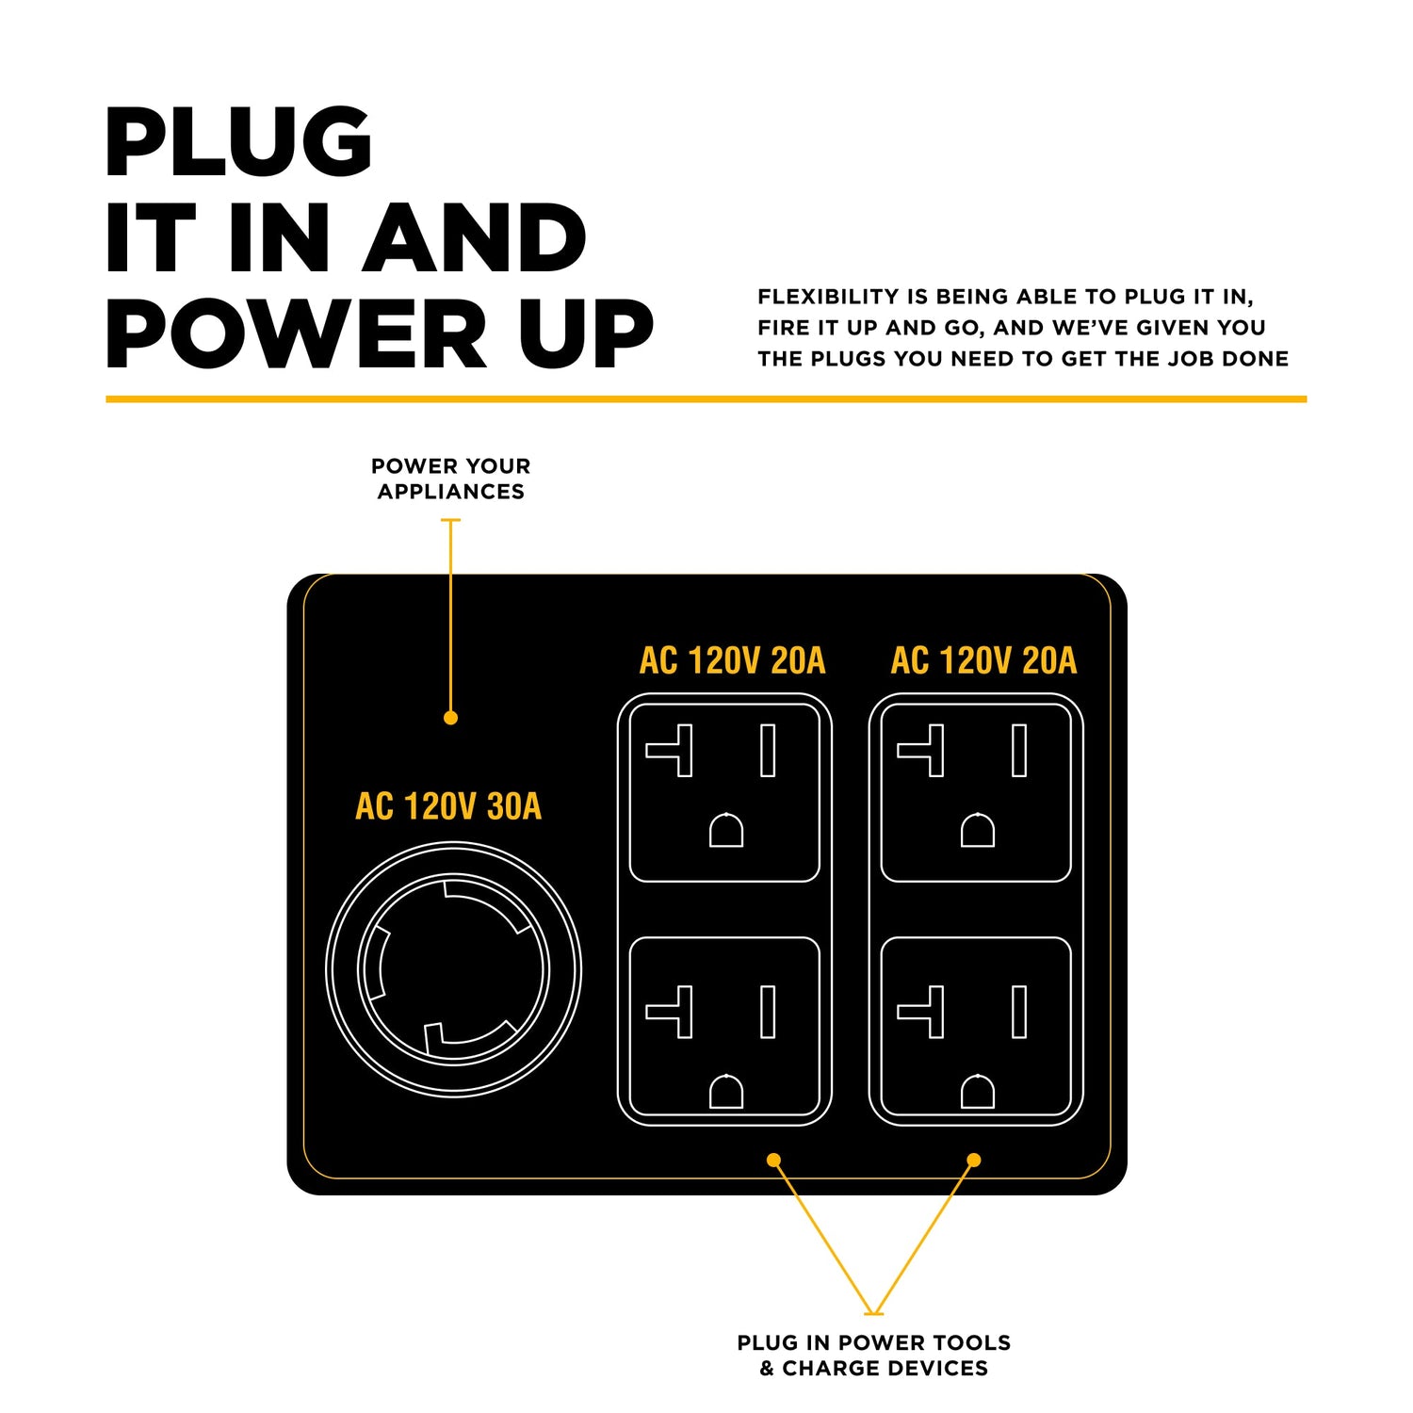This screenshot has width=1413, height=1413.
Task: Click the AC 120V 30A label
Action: click(448, 806)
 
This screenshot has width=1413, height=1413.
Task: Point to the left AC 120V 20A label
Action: click(732, 660)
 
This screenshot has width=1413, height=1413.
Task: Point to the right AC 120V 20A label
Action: click(983, 660)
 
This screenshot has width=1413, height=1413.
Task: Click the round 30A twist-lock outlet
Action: click(453, 969)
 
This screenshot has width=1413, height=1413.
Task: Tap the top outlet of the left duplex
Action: click(724, 792)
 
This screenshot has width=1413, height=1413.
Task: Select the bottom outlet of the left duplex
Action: click(724, 1027)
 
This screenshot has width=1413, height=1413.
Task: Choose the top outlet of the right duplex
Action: click(976, 792)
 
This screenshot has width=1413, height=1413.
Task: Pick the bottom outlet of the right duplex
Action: click(976, 1027)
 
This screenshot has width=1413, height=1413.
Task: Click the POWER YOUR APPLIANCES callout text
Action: click(450, 479)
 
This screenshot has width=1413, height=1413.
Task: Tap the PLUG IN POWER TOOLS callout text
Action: click(873, 1355)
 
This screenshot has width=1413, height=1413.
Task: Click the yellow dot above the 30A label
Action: click(450, 718)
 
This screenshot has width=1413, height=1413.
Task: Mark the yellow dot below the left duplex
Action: click(773, 1160)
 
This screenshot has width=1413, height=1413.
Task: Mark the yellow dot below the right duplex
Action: click(974, 1160)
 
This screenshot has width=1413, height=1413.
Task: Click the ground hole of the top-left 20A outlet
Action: click(726, 831)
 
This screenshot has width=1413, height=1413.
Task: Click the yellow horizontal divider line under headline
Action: click(706, 399)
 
